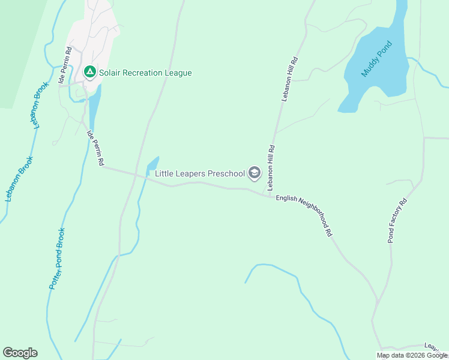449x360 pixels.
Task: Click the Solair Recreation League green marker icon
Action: [x=90, y=73]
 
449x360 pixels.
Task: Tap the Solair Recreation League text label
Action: [x=146, y=73]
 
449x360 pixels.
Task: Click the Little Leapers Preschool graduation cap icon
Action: [x=255, y=173]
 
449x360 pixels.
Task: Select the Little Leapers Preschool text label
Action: [x=200, y=174]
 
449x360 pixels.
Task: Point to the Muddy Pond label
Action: [x=376, y=59]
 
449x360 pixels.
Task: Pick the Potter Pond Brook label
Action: [x=57, y=259]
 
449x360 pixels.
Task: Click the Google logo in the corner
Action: [x=20, y=353]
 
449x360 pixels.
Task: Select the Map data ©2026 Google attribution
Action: [x=412, y=355]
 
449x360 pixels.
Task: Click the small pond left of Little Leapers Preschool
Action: [x=152, y=164]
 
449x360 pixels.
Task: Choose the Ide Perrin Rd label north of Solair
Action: [x=65, y=65]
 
